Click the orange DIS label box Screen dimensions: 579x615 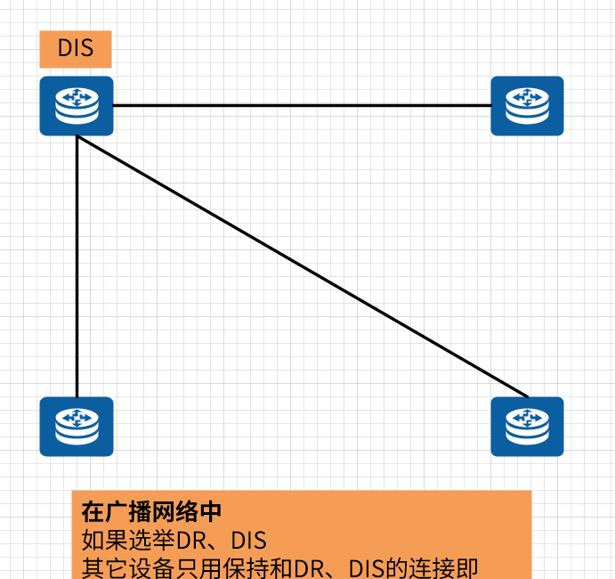[x=76, y=49]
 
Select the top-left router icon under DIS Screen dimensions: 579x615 [x=77, y=106]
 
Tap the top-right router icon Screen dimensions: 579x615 [x=527, y=106]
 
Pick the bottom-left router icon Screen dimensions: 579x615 [x=77, y=426]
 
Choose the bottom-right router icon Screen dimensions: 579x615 [x=527, y=426]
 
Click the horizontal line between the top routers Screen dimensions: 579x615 [x=303, y=105]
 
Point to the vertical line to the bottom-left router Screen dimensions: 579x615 [x=77, y=267]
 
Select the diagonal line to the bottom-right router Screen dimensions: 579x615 [x=303, y=266]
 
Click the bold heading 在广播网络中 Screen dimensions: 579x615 [x=151, y=512]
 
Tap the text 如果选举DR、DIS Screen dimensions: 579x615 [x=174, y=540]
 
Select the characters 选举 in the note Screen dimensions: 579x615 [x=151, y=540]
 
